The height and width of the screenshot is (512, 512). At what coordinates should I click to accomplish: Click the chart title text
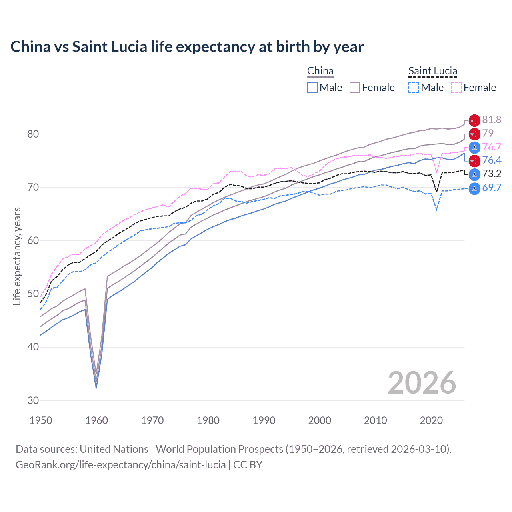pos(187,47)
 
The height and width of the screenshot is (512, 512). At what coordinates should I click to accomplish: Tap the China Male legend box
pos(312,88)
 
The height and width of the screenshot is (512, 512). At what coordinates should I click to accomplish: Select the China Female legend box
pos(355,88)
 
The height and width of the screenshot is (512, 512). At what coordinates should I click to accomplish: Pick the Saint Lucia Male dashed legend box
pos(414,88)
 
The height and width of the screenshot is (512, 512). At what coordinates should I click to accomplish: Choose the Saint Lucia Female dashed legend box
pos(456,88)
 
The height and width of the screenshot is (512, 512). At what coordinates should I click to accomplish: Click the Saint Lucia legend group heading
pos(432,71)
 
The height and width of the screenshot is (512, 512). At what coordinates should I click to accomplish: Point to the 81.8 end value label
pos(492,120)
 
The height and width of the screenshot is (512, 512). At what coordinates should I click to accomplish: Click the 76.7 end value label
pos(492,147)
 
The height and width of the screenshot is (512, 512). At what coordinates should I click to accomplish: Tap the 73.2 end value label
pos(492,174)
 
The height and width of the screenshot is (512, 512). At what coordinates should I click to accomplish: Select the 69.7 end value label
pos(492,188)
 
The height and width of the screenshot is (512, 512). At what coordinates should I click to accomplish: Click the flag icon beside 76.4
pos(474,161)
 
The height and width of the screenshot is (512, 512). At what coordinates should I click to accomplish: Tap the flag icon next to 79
pos(474,134)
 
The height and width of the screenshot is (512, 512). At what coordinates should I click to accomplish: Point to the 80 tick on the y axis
pos(33,134)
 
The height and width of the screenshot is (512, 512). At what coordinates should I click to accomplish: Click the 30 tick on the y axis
pos(33,400)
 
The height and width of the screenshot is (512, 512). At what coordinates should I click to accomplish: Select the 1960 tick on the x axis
pos(96,420)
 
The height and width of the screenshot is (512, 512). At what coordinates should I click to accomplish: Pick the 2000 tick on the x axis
pos(320,420)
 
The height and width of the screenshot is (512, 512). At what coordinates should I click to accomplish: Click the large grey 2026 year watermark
pos(422,383)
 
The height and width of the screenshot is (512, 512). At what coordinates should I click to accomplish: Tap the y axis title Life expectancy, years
pos(17,256)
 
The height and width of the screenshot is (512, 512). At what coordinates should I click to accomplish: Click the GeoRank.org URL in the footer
pos(120,465)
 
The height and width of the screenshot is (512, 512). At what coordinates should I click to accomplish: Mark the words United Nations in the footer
pos(114,449)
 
